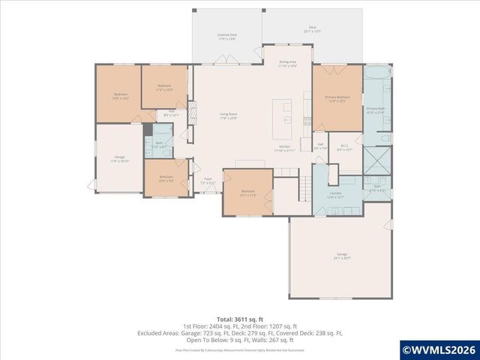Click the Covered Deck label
coord(227,36)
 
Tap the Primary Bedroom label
coord(337,99)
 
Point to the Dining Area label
coord(286,64)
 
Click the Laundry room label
coord(335,194)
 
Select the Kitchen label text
coord(285,148)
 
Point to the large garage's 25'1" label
coord(342,257)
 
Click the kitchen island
coord(285,112)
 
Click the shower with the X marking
coord(376,160)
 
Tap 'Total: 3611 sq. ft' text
coord(239,319)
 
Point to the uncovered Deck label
coord(311,31)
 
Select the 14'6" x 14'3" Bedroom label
coord(121,97)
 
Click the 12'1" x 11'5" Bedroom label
coord(248,193)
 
